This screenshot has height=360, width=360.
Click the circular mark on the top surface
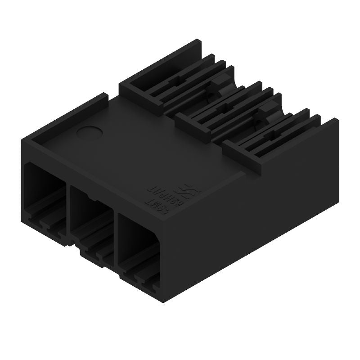tap(89, 132)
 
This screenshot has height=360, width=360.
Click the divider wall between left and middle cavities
tap(68, 207)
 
